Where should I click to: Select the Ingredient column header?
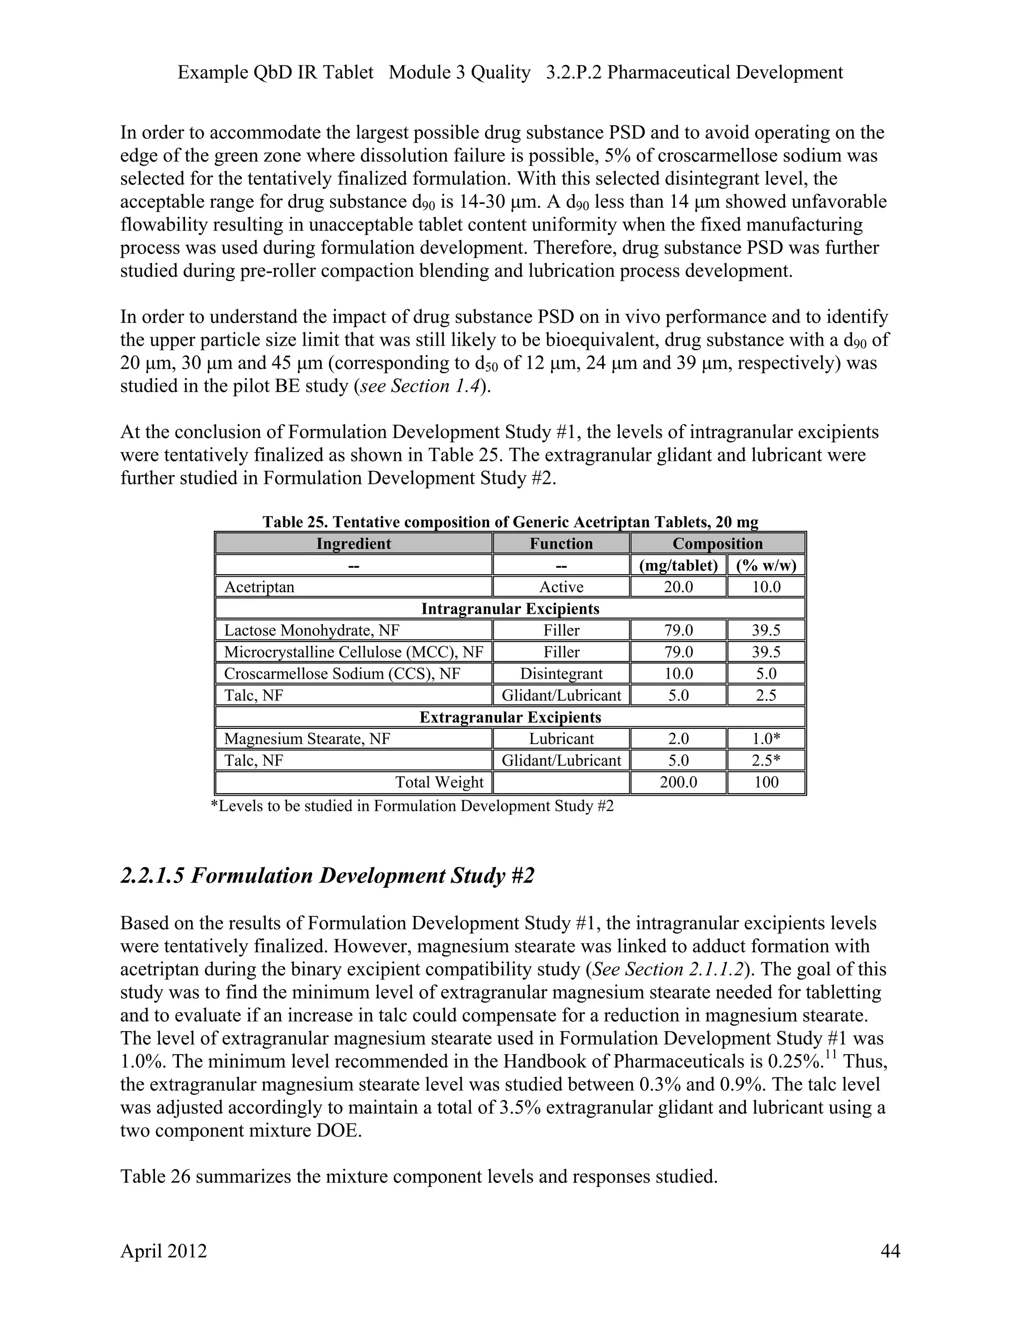(353, 544)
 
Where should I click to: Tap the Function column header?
(561, 544)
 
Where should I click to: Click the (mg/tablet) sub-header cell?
(678, 565)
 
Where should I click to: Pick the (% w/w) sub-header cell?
(766, 565)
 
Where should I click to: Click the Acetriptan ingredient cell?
(259, 587)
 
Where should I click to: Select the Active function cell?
(561, 587)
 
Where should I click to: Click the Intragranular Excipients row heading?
(510, 608)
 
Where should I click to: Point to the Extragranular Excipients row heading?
(510, 717)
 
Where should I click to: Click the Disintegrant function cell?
(561, 673)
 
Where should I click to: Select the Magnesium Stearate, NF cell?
(307, 738)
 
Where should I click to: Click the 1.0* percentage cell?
(766, 738)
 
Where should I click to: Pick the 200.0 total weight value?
(678, 782)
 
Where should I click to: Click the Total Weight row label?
(439, 782)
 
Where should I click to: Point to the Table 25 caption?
(510, 522)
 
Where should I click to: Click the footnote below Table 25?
(412, 806)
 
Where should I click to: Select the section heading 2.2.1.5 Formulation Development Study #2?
(327, 876)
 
